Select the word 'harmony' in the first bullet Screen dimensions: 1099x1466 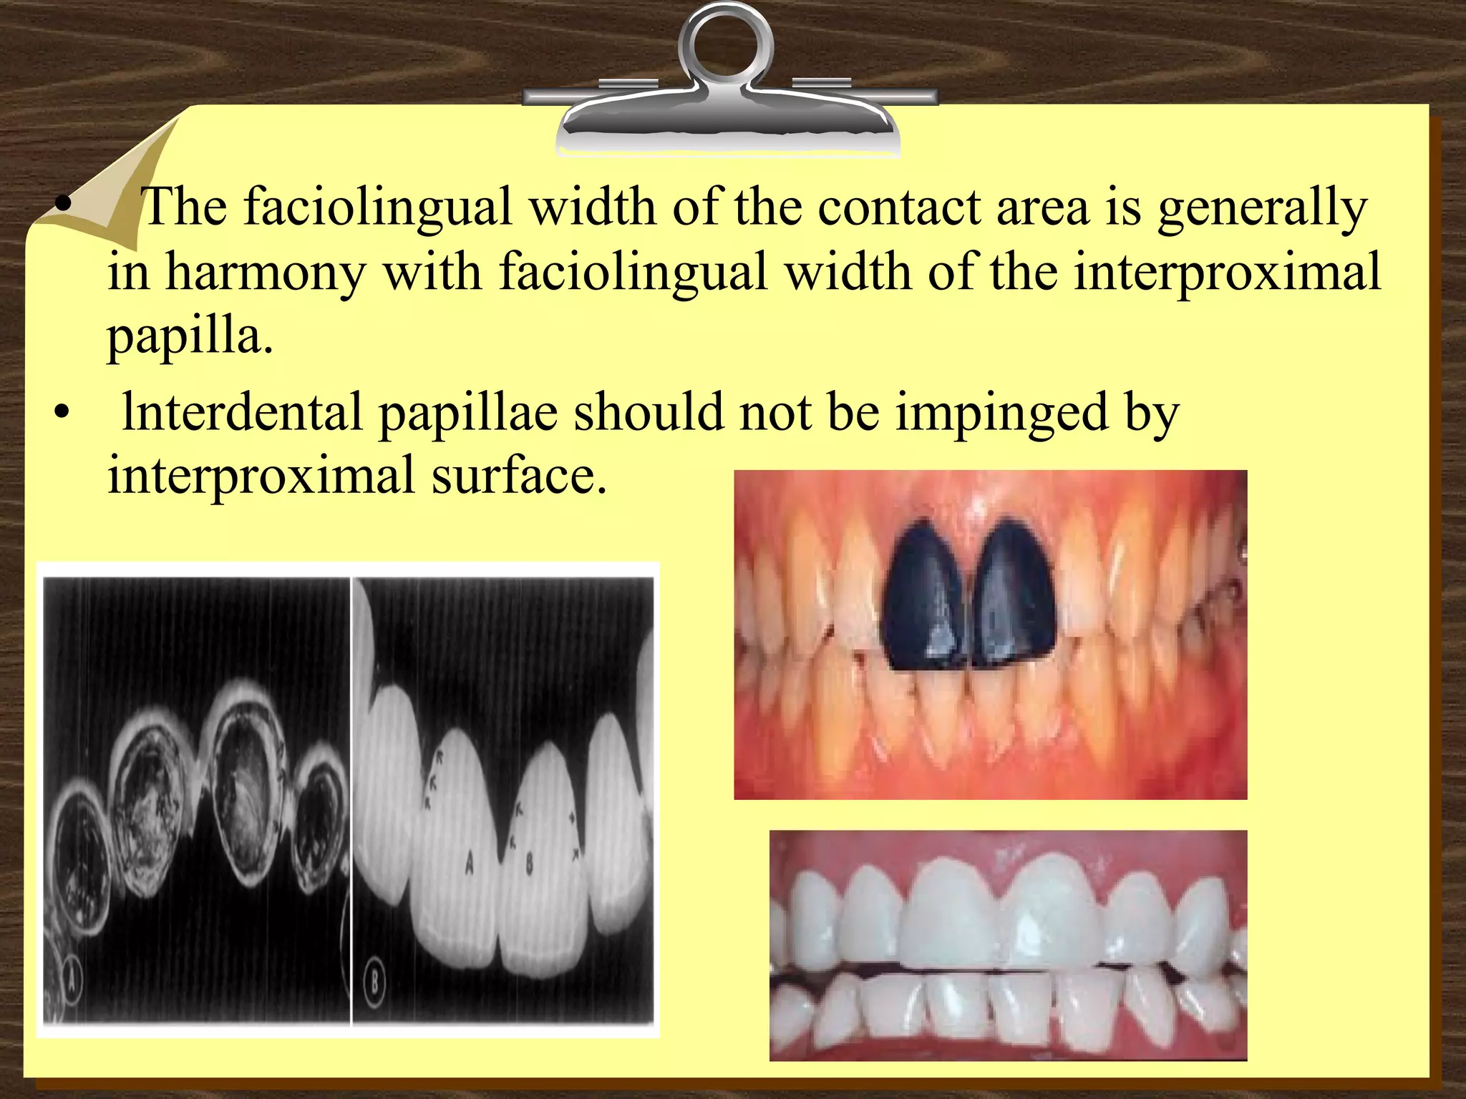266,273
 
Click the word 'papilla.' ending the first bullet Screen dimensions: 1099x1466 190,336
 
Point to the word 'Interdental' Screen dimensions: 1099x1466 242,414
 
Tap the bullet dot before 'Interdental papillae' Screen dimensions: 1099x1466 63,414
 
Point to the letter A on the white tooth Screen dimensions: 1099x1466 469,864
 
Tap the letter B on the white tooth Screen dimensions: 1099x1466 530,864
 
